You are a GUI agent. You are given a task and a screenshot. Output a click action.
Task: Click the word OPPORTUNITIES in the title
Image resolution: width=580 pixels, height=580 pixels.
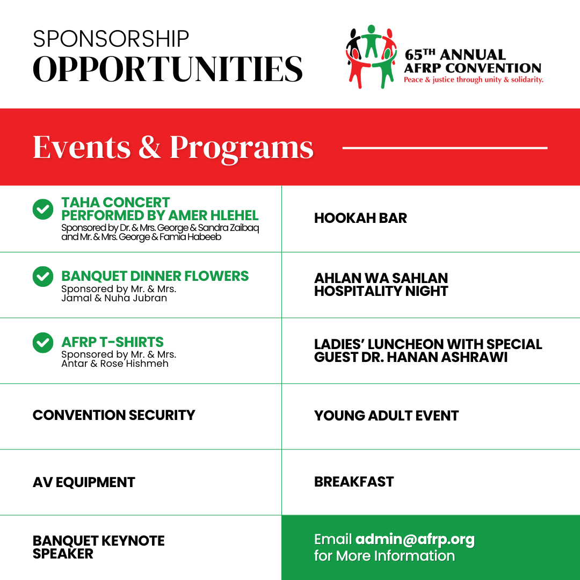[168, 69]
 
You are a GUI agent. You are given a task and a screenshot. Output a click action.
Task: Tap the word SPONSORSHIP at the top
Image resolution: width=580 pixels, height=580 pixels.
[111, 39]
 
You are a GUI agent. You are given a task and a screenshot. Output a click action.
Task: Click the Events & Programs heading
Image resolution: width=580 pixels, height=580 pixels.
[173, 147]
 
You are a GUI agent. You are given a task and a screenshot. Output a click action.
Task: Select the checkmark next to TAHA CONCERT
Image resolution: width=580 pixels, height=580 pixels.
[43, 209]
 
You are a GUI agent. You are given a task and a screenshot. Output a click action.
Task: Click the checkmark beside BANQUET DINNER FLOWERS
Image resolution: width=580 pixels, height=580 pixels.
[43, 276]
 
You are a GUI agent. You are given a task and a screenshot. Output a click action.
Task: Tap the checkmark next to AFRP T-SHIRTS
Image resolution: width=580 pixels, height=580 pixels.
[43, 342]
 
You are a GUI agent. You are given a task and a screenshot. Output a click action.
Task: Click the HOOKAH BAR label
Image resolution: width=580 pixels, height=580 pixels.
[360, 218]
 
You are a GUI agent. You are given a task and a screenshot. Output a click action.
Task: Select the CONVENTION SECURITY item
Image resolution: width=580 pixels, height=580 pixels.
[114, 415]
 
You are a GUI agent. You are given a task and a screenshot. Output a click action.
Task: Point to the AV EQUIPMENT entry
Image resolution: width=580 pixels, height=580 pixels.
[84, 482]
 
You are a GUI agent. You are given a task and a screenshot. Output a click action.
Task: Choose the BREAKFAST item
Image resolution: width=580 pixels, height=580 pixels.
[354, 482]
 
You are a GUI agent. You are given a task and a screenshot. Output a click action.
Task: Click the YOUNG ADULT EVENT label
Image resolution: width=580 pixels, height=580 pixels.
[386, 416]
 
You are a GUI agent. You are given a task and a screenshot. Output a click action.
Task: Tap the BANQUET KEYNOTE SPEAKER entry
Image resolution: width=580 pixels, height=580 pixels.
[98, 547]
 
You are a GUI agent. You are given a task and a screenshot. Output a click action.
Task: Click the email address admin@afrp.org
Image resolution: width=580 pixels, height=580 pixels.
[415, 539]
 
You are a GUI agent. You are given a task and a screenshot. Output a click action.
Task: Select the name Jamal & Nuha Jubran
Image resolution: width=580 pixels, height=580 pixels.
[114, 298]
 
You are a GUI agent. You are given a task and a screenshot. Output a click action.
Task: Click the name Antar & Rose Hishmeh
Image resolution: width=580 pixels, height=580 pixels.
[115, 364]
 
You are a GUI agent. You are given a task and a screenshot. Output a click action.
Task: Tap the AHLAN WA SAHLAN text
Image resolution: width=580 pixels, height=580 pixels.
[381, 278]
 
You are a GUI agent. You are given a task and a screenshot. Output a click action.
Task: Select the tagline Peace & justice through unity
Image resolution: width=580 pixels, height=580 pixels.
[473, 79]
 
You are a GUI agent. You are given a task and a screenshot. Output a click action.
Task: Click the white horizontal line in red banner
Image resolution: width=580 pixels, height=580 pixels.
[445, 147]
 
